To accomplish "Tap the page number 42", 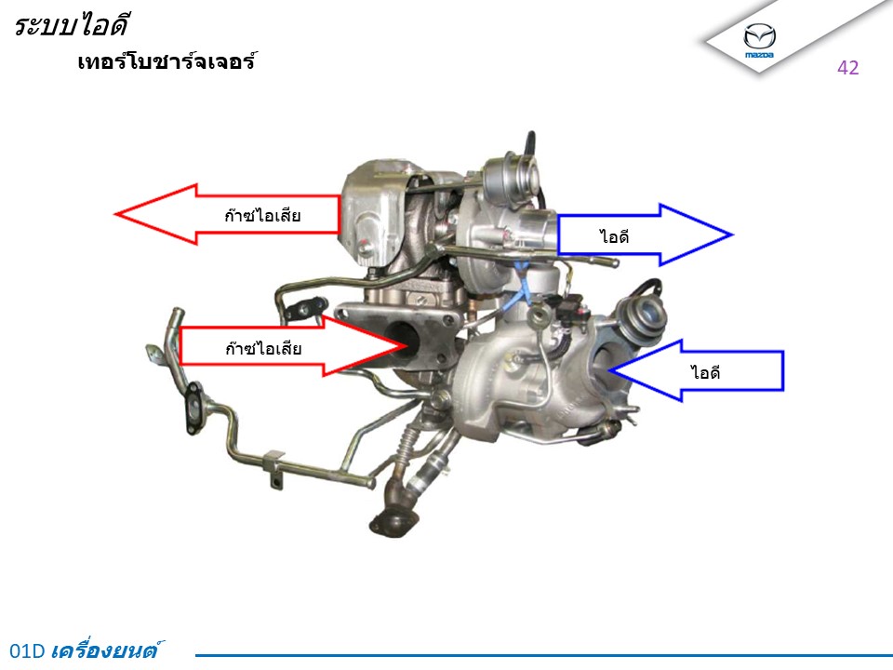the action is (848, 68).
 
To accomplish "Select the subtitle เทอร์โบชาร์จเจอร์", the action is (167, 61).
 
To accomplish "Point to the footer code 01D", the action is (27, 650).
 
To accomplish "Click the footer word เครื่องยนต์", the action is (106, 650).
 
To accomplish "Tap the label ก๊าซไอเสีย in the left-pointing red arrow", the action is (262, 214).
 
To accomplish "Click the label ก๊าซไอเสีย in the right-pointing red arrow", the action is (263, 347).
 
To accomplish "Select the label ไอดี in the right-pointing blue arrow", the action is (615, 235).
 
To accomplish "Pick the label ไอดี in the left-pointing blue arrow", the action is (706, 372).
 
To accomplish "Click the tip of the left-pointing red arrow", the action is (115, 214).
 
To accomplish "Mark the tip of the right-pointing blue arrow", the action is (732, 234).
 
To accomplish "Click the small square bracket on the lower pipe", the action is (273, 469).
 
